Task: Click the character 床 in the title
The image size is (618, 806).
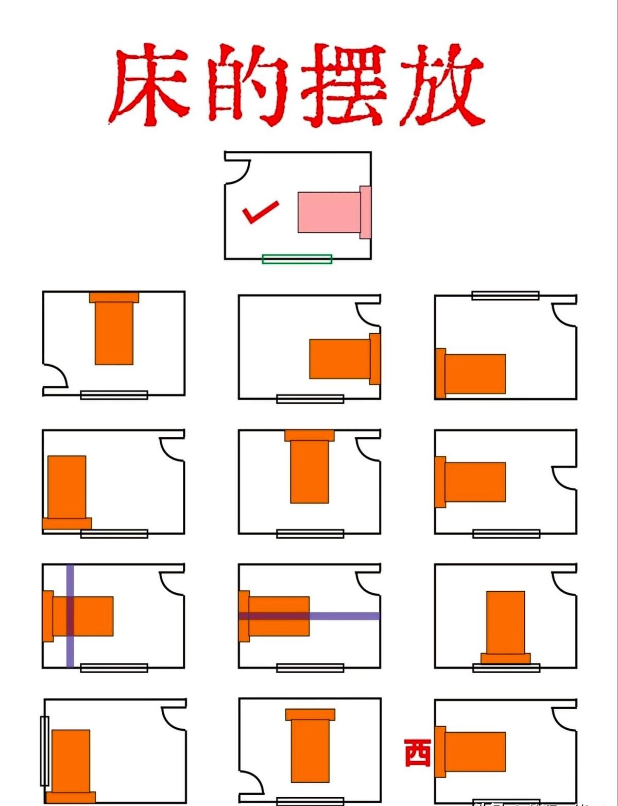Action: pyautogui.click(x=149, y=85)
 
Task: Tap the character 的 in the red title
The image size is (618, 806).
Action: pyautogui.click(x=247, y=85)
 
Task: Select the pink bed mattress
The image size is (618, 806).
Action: pyautogui.click(x=329, y=212)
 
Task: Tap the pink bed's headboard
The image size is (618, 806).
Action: pyautogui.click(x=365, y=212)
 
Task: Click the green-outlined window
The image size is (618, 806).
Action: pyautogui.click(x=297, y=259)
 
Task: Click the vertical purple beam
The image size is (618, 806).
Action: pyautogui.click(x=70, y=649)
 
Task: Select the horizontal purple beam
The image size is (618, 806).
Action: pyautogui.click(x=345, y=616)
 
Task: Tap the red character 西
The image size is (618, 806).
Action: pyautogui.click(x=417, y=753)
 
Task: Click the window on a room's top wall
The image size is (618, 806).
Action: pyautogui.click(x=505, y=296)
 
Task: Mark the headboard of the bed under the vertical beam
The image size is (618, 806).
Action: pyautogui.click(x=48, y=616)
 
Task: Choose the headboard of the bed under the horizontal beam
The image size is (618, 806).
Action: pyautogui.click(x=244, y=616)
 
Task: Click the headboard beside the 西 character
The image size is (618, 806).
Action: pyautogui.click(x=440, y=752)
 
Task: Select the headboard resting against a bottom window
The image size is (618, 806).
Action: pyautogui.click(x=505, y=659)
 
